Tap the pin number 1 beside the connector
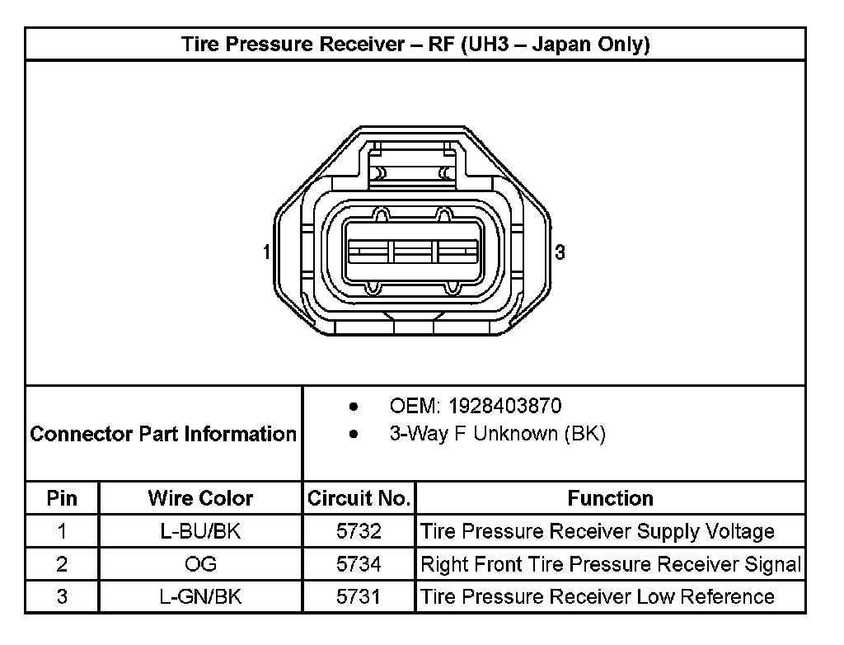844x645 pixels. tap(266, 252)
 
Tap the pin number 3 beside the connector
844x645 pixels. tap(560, 252)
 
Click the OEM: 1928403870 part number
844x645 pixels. tap(476, 406)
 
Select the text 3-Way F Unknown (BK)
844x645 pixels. tap(497, 434)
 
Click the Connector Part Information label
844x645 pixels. tap(163, 434)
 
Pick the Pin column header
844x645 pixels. tap(62, 498)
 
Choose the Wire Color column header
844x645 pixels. tap(200, 498)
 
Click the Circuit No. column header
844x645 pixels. tap(359, 498)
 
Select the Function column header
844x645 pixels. tap(611, 498)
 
